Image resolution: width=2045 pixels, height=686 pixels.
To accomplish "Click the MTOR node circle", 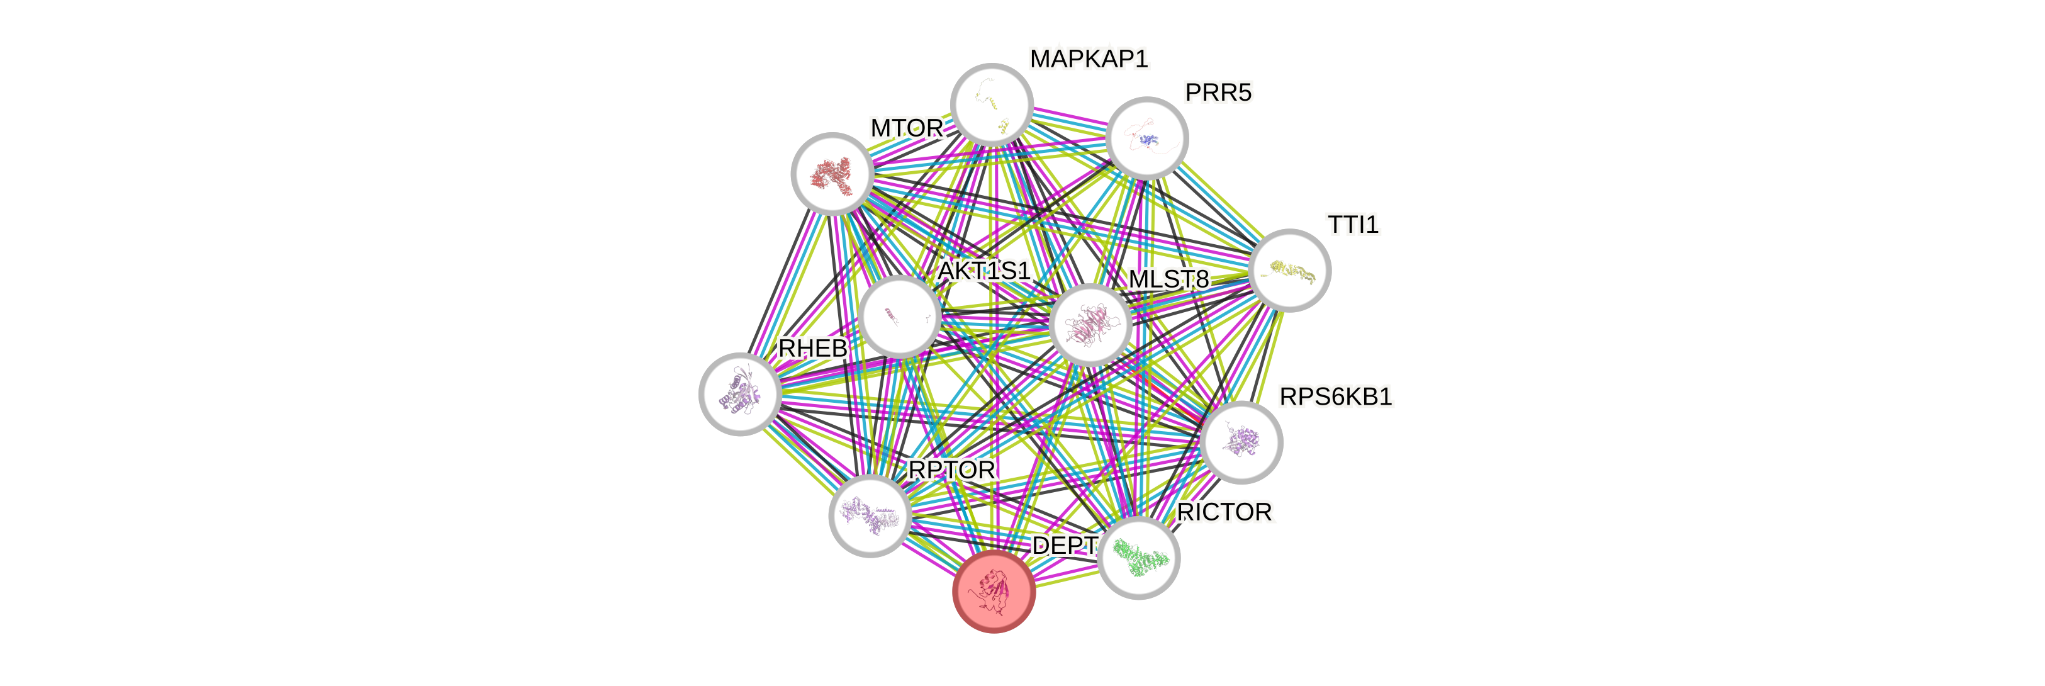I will [x=832, y=173].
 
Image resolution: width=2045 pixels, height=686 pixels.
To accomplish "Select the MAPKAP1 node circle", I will [x=992, y=104].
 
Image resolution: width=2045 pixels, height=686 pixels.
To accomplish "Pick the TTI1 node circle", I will [x=1289, y=271].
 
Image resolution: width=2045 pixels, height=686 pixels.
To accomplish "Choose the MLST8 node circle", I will [x=1090, y=325].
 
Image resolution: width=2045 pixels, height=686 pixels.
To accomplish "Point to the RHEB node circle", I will [x=739, y=394].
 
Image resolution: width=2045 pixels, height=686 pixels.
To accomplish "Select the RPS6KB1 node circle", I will [x=1241, y=441].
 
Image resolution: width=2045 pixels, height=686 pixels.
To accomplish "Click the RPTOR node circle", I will [x=870, y=515].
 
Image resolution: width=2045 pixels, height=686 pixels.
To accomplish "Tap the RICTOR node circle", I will [x=1138, y=558].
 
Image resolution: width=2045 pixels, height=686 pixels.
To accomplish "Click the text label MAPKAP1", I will [x=1089, y=59].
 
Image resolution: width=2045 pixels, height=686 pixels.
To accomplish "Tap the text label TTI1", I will [x=1353, y=225].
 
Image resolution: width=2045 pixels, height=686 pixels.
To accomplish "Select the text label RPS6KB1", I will [x=1335, y=397].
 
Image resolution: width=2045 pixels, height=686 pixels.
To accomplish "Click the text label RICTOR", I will [x=1225, y=513].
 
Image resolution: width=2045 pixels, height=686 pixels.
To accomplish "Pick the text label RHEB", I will [x=812, y=349].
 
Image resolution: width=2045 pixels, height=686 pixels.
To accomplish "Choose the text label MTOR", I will [x=907, y=128].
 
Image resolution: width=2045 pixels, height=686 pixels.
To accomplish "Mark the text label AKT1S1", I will [x=983, y=271].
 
